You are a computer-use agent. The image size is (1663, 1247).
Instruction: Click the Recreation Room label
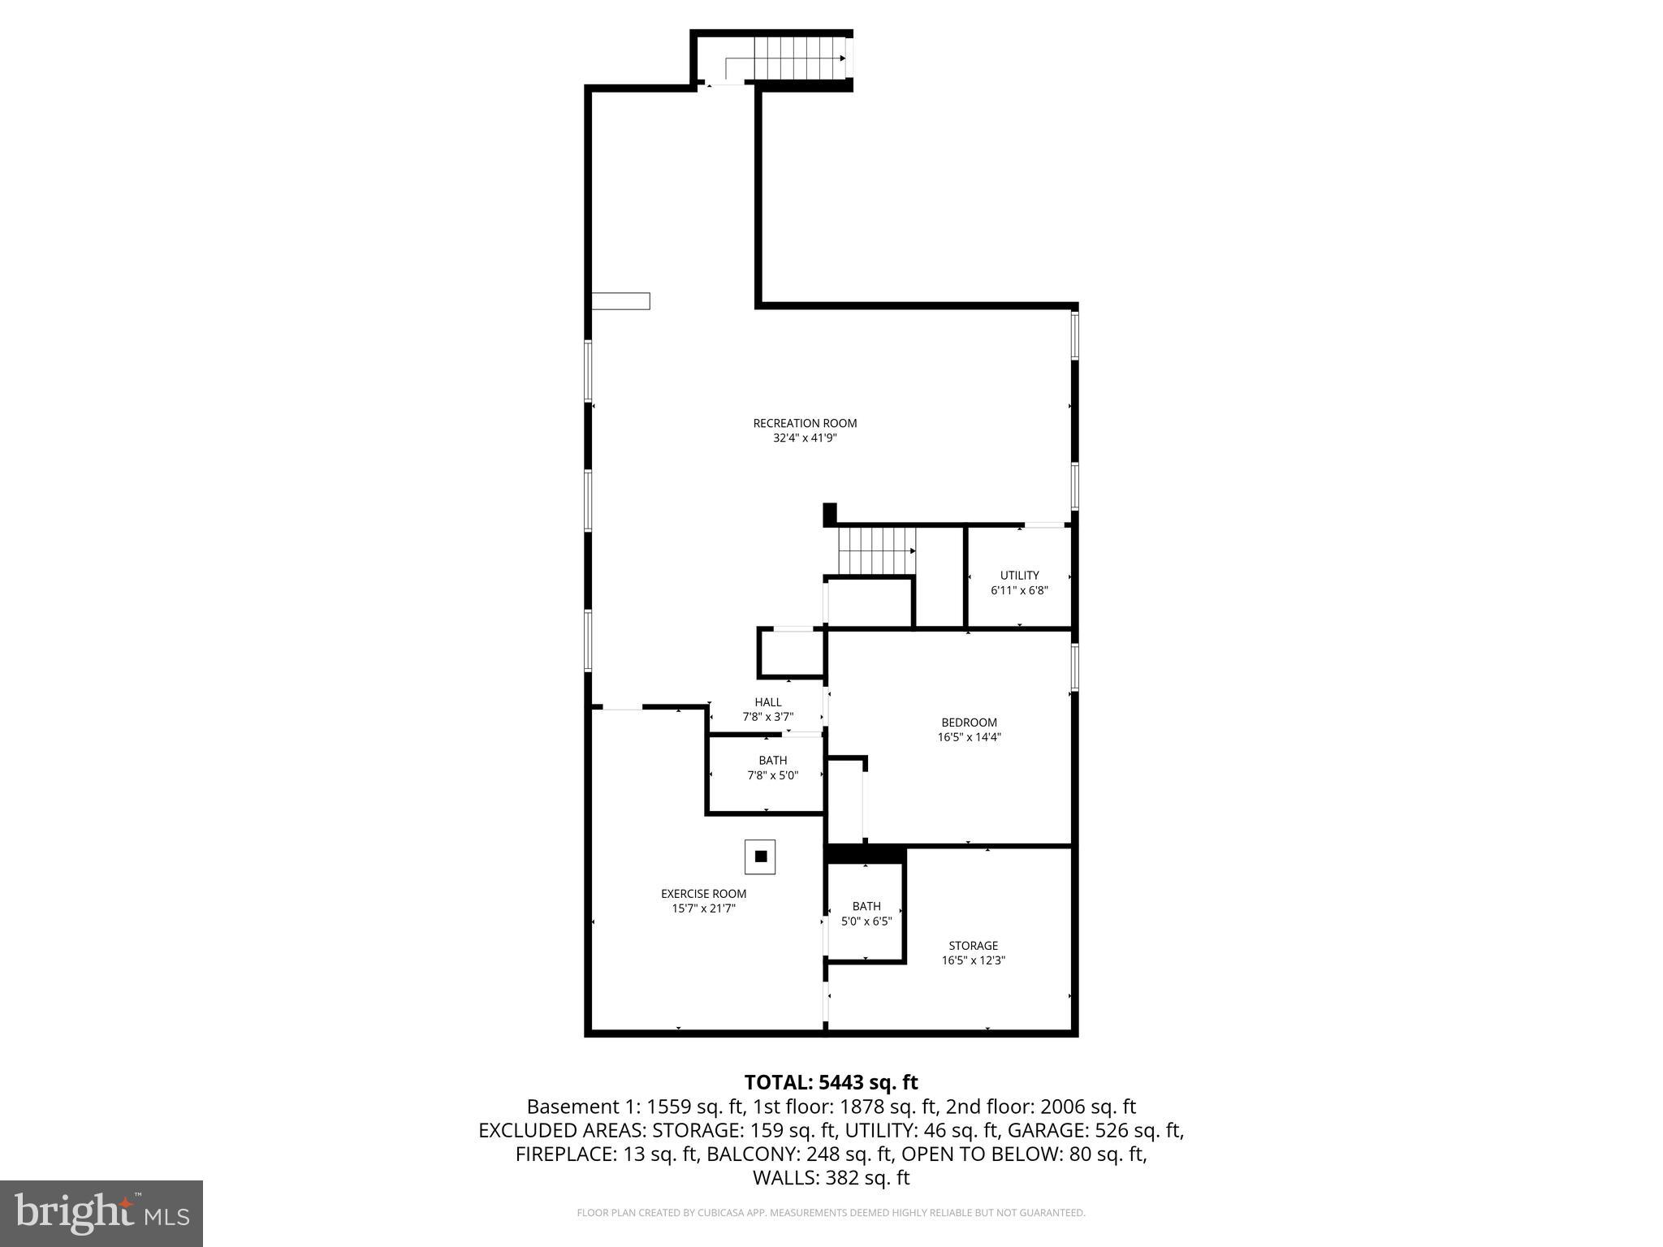click(805, 423)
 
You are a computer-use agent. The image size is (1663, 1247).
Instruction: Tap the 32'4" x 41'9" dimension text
click(805, 438)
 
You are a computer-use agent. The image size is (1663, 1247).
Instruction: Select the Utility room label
click(1019, 576)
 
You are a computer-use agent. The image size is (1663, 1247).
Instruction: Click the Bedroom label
click(969, 723)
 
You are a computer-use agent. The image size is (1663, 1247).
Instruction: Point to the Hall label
click(767, 702)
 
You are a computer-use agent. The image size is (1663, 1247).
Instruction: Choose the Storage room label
click(973, 946)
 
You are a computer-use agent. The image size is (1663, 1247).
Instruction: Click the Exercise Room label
click(703, 894)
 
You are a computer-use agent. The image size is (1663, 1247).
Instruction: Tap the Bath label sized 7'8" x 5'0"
click(772, 761)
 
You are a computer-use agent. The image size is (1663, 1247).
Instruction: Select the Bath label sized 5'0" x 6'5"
click(866, 907)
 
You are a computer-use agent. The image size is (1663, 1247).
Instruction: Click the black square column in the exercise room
click(761, 857)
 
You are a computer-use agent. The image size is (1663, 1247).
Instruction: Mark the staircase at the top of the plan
click(800, 58)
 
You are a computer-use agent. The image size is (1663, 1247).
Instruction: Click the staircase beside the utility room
click(877, 550)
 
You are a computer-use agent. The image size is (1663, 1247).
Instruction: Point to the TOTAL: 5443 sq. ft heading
click(831, 1082)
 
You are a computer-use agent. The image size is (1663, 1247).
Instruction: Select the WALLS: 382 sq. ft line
click(831, 1178)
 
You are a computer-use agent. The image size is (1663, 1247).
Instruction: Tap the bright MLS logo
click(102, 1214)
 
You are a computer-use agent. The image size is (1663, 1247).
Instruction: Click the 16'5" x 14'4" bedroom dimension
click(969, 738)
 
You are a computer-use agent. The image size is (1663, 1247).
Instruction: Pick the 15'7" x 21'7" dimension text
click(703, 909)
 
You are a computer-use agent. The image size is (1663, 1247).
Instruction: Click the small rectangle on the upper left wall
click(620, 301)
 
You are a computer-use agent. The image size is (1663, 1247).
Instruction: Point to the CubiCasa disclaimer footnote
click(831, 1213)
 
